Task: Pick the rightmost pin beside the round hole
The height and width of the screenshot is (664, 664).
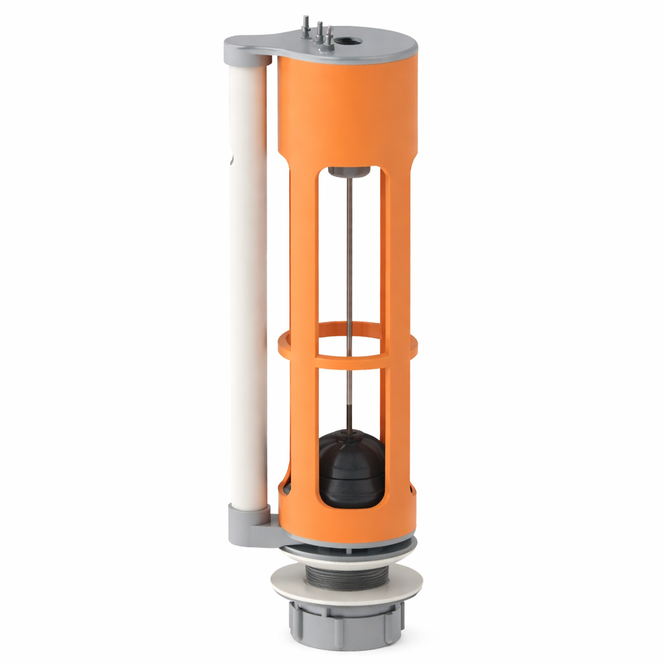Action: (x=329, y=35)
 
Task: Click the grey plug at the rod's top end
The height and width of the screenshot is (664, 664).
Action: (x=349, y=172)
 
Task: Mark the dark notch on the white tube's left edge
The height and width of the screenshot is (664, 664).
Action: (x=231, y=158)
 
